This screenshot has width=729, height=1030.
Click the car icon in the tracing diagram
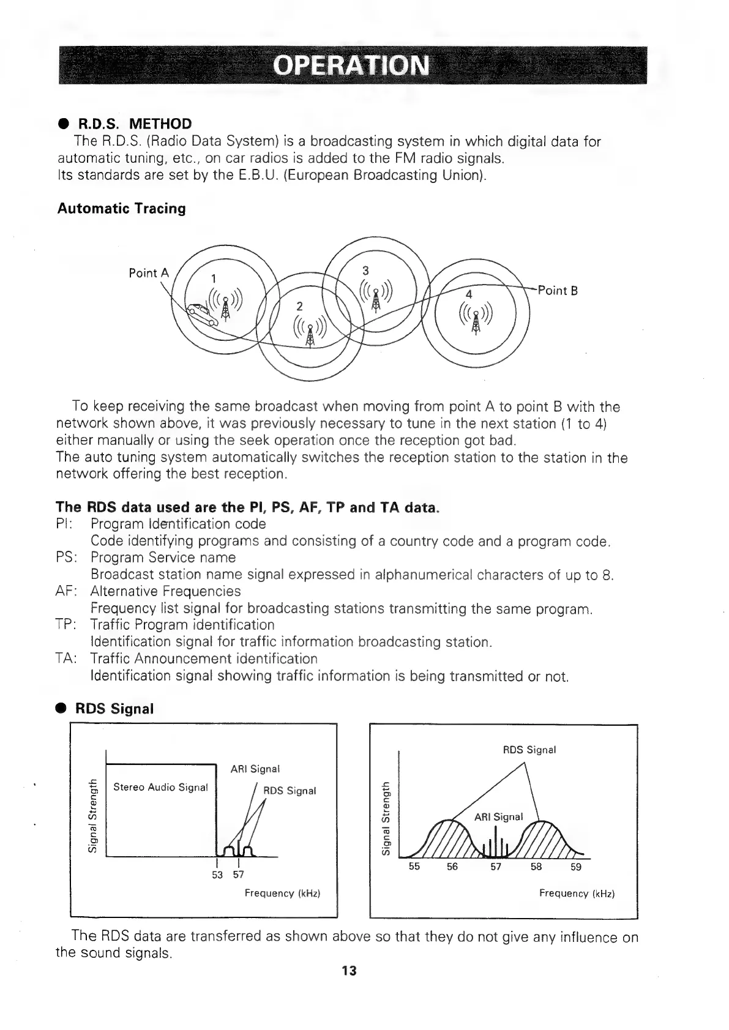point(201,313)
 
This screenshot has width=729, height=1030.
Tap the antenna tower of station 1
point(226,306)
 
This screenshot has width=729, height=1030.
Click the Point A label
point(148,273)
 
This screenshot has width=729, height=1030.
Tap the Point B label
point(557,290)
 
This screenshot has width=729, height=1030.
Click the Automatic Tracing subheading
point(121,208)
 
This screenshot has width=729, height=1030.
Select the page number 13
point(349,971)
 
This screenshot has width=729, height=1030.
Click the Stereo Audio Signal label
point(160,787)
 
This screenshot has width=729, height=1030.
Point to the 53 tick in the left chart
point(217,875)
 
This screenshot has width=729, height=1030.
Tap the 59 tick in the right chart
point(576,867)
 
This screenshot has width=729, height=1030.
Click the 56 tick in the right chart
point(452,867)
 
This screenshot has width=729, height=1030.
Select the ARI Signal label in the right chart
point(499,816)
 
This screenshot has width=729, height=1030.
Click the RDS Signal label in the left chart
point(289,791)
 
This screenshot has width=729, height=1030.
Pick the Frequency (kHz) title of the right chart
point(577,894)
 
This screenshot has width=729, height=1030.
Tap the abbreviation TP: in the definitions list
point(66,625)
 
